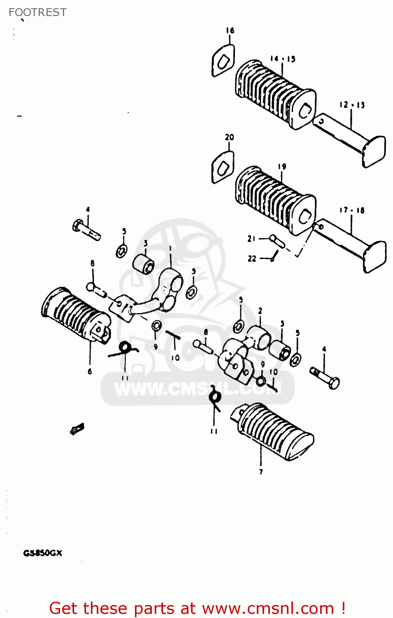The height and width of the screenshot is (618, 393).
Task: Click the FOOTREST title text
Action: point(37,12)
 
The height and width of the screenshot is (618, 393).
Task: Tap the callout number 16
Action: point(230,30)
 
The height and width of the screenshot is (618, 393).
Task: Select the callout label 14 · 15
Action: point(282,59)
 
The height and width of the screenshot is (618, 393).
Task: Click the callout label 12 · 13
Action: point(352,105)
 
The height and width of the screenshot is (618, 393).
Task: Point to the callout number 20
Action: point(229,137)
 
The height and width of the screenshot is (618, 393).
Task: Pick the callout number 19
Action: point(282,167)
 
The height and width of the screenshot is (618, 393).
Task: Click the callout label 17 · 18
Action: point(352,211)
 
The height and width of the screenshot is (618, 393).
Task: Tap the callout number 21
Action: point(251,239)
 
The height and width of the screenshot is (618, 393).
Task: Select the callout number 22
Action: point(252,259)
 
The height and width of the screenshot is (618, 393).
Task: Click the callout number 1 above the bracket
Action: point(170,249)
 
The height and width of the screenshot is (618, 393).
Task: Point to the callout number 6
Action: point(90,372)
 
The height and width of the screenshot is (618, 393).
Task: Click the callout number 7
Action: point(261,472)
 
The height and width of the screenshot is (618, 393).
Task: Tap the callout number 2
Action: point(260,311)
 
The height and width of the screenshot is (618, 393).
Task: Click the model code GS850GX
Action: point(42,553)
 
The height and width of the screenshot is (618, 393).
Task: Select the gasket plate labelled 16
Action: point(223,61)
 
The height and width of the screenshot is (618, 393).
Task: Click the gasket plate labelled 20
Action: point(223,167)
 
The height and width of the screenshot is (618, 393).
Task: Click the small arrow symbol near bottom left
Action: point(77,429)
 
